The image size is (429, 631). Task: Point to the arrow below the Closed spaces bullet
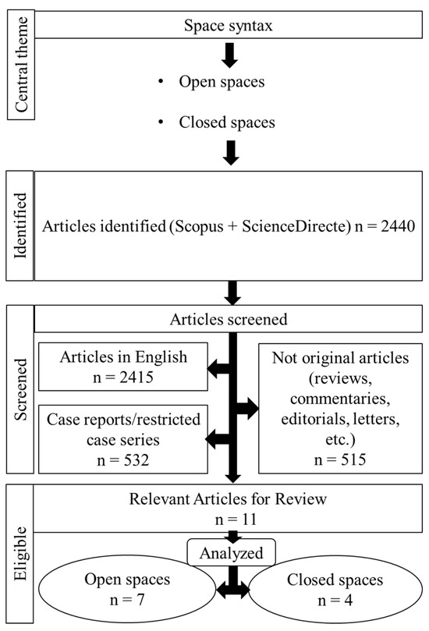[229, 151]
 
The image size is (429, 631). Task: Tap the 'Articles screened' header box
[229, 320]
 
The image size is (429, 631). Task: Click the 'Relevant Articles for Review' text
[229, 500]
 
